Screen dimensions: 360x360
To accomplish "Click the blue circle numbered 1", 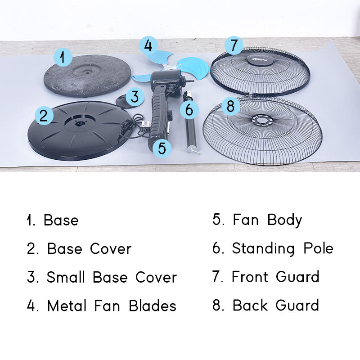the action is pyautogui.click(x=63, y=58).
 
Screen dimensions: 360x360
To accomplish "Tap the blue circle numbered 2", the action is pyautogui.click(x=44, y=116).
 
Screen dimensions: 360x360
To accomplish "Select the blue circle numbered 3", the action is pyautogui.click(x=135, y=96).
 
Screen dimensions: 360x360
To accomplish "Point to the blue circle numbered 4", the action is pyautogui.click(x=148, y=45).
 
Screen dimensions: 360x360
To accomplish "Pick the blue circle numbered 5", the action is pyautogui.click(x=162, y=148).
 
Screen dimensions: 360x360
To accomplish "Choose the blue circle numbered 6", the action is pyautogui.click(x=189, y=110).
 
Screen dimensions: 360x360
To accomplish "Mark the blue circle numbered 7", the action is pyautogui.click(x=234, y=45).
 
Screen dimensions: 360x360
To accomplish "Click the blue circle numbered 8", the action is pyautogui.click(x=230, y=106).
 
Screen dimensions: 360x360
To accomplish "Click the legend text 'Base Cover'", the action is pyautogui.click(x=89, y=249).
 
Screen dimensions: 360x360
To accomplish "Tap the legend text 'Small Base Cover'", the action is pyautogui.click(x=112, y=277).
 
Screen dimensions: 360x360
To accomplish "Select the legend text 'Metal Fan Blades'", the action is pyautogui.click(x=112, y=306).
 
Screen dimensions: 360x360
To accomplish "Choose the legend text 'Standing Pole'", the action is pyautogui.click(x=283, y=249).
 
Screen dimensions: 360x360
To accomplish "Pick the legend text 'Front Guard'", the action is pyautogui.click(x=275, y=277).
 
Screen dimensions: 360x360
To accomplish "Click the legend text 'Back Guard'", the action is pyautogui.click(x=276, y=306).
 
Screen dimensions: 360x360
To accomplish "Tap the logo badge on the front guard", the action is pyautogui.click(x=260, y=60).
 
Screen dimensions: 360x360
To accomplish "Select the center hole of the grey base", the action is pyautogui.click(x=87, y=72).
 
